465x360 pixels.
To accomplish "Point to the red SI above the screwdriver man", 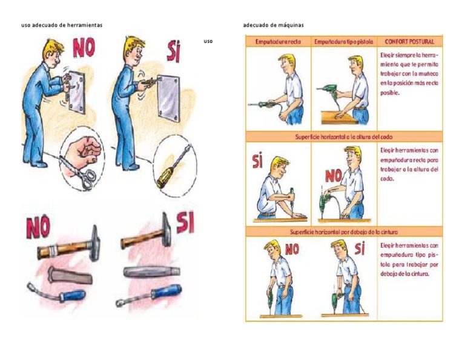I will pyautogui.click(x=174, y=52).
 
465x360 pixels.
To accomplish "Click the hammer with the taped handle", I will pyautogui.click(x=67, y=245).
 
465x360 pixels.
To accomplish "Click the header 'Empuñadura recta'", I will pyautogui.click(x=278, y=42).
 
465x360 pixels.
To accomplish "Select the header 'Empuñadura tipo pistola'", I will pyautogui.click(x=344, y=42).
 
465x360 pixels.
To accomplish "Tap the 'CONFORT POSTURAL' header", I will pyautogui.click(x=409, y=42).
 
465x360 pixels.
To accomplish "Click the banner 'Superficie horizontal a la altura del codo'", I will pyautogui.click(x=343, y=137).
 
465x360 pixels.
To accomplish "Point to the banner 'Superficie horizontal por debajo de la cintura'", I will pyautogui.click(x=343, y=232).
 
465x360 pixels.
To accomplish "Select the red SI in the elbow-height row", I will pyautogui.click(x=257, y=162).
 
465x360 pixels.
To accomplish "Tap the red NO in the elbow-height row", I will pyautogui.click(x=334, y=176).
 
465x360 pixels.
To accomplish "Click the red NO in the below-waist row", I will pyautogui.click(x=292, y=249).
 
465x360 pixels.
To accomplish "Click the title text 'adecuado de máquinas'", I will pyautogui.click(x=273, y=25).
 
